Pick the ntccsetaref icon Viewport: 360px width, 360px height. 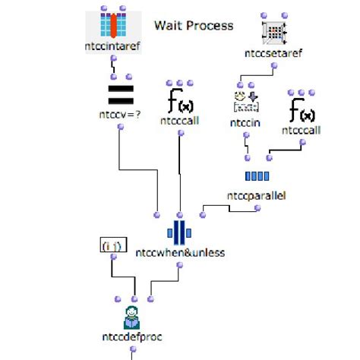click(273, 30)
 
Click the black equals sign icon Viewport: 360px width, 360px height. click(121, 96)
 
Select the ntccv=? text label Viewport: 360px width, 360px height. click(121, 115)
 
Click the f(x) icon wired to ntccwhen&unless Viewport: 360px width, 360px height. click(179, 103)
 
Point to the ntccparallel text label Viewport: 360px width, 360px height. click(257, 196)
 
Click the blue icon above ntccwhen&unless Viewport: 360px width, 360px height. click(179, 231)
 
